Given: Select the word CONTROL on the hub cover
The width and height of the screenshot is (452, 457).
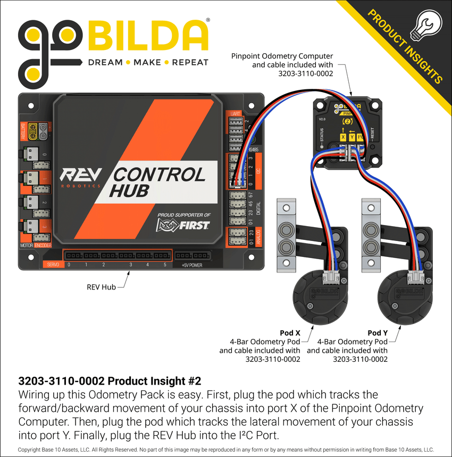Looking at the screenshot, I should pos(159,175).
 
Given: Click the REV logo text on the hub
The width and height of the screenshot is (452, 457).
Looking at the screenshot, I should pos(78,176).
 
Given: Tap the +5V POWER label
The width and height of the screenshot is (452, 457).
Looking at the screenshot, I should pos(192,264).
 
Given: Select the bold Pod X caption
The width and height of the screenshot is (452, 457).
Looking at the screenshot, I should pos(290,333).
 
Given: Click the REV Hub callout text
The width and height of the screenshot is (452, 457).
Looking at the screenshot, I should pos(101,287).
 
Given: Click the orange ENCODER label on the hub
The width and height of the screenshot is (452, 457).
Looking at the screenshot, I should pos(43,246).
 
